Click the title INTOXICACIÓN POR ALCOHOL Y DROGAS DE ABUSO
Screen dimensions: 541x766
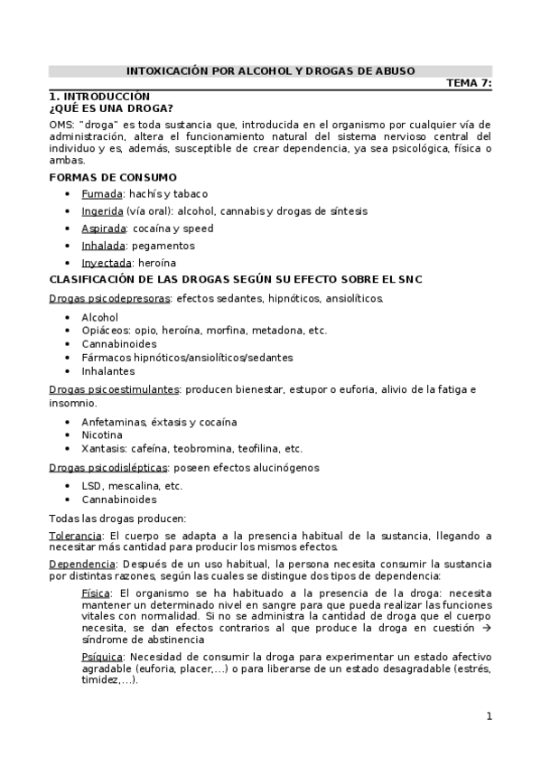[x=270, y=70]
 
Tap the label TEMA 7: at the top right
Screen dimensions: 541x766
[x=470, y=83]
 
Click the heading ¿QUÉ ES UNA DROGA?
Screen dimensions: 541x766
[x=110, y=107]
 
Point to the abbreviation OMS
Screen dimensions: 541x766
[x=61, y=123]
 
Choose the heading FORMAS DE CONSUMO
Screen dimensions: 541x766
[x=112, y=177]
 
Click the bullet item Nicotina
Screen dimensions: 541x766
[x=103, y=434]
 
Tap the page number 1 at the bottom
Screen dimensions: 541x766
[x=489, y=717]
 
